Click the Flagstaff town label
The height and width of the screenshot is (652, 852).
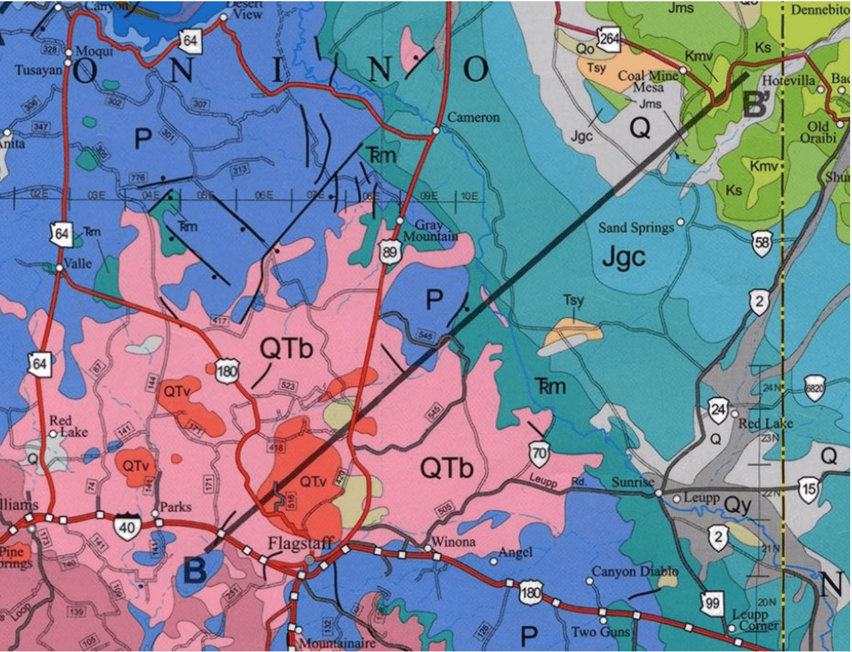coord(300,544)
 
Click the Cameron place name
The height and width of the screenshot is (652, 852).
coord(473,117)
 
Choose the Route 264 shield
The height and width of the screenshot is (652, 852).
coord(609,39)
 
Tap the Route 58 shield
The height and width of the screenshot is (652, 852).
coord(762,242)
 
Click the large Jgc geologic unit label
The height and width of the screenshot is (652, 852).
coord(623,257)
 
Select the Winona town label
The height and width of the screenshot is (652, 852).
coord(453,542)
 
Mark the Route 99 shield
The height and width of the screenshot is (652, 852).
coord(712,603)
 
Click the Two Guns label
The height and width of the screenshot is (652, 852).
coord(600,631)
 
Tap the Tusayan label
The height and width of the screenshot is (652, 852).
coord(38,70)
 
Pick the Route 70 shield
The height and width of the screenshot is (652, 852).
coord(539,453)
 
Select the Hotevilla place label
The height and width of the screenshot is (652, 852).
coord(789,81)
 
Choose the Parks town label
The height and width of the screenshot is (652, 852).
coord(175,507)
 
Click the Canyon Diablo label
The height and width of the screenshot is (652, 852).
coord(634,571)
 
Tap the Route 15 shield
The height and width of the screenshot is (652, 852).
coord(808,489)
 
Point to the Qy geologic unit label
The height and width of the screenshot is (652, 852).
coord(738,504)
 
